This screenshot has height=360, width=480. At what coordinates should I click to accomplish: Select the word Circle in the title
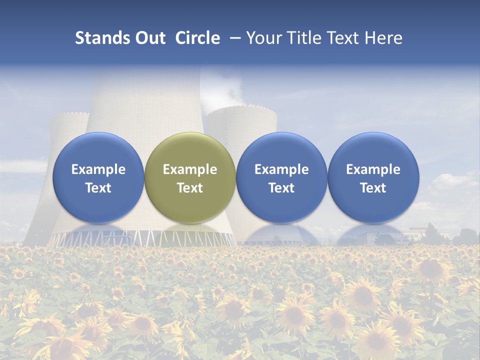pyautogui.click(x=197, y=38)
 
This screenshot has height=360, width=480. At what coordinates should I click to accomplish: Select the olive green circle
pyautogui.click(x=190, y=178)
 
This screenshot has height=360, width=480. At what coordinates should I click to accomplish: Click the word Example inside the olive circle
pyautogui.click(x=190, y=169)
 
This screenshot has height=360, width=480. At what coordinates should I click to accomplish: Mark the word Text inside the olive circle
pyautogui.click(x=190, y=188)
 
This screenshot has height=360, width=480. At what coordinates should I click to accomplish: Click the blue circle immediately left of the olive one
pyautogui.click(x=98, y=178)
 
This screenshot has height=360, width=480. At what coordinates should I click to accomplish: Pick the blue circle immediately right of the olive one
pyautogui.click(x=281, y=178)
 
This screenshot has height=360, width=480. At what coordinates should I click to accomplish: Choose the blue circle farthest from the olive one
pyautogui.click(x=373, y=178)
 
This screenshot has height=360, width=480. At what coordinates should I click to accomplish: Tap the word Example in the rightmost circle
pyautogui.click(x=373, y=169)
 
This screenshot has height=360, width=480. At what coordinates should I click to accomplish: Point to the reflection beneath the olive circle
pyautogui.click(x=190, y=232)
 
